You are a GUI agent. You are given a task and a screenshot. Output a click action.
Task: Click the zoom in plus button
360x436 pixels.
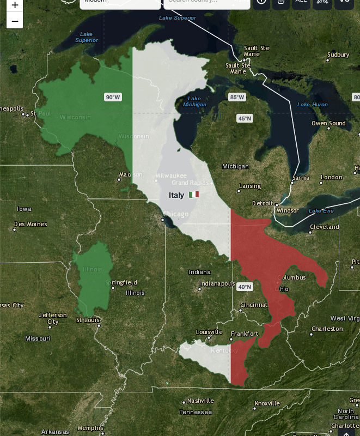(x=15, y=5)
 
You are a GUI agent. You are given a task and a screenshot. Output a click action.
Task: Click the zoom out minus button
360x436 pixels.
(x=15, y=21)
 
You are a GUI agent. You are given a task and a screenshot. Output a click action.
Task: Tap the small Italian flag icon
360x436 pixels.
(x=194, y=195)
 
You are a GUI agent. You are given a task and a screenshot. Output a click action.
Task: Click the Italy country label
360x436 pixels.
(x=176, y=195)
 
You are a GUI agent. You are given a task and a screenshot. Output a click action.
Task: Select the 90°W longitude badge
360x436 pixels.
(x=113, y=97)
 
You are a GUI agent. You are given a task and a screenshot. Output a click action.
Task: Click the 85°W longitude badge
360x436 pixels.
(x=237, y=97)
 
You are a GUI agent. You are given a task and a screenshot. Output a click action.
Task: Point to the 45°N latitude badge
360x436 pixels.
(x=245, y=118)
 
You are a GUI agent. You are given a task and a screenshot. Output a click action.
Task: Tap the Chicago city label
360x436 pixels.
(x=176, y=214)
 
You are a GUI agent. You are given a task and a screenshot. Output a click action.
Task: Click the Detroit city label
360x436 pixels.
(x=263, y=203)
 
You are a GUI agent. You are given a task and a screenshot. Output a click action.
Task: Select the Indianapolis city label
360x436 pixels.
(x=217, y=283)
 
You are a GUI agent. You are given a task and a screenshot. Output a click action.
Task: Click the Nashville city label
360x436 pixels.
(x=200, y=401)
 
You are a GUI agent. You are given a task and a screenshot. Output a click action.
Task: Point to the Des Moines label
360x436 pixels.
(x=30, y=224)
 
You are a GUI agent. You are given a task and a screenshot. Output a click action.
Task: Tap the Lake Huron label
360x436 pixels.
(x=313, y=105)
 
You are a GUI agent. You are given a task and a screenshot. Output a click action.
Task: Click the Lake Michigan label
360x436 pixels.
(x=194, y=101)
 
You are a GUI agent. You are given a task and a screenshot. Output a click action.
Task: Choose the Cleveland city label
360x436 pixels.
(x=324, y=227)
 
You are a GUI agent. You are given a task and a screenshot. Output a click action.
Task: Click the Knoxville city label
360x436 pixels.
(x=267, y=403)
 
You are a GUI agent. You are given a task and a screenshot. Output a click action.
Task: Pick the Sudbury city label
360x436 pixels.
(x=338, y=55)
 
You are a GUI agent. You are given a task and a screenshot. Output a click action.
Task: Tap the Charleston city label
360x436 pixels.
(x=327, y=329)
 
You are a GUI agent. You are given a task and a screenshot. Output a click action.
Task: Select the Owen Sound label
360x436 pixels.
(x=328, y=123)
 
